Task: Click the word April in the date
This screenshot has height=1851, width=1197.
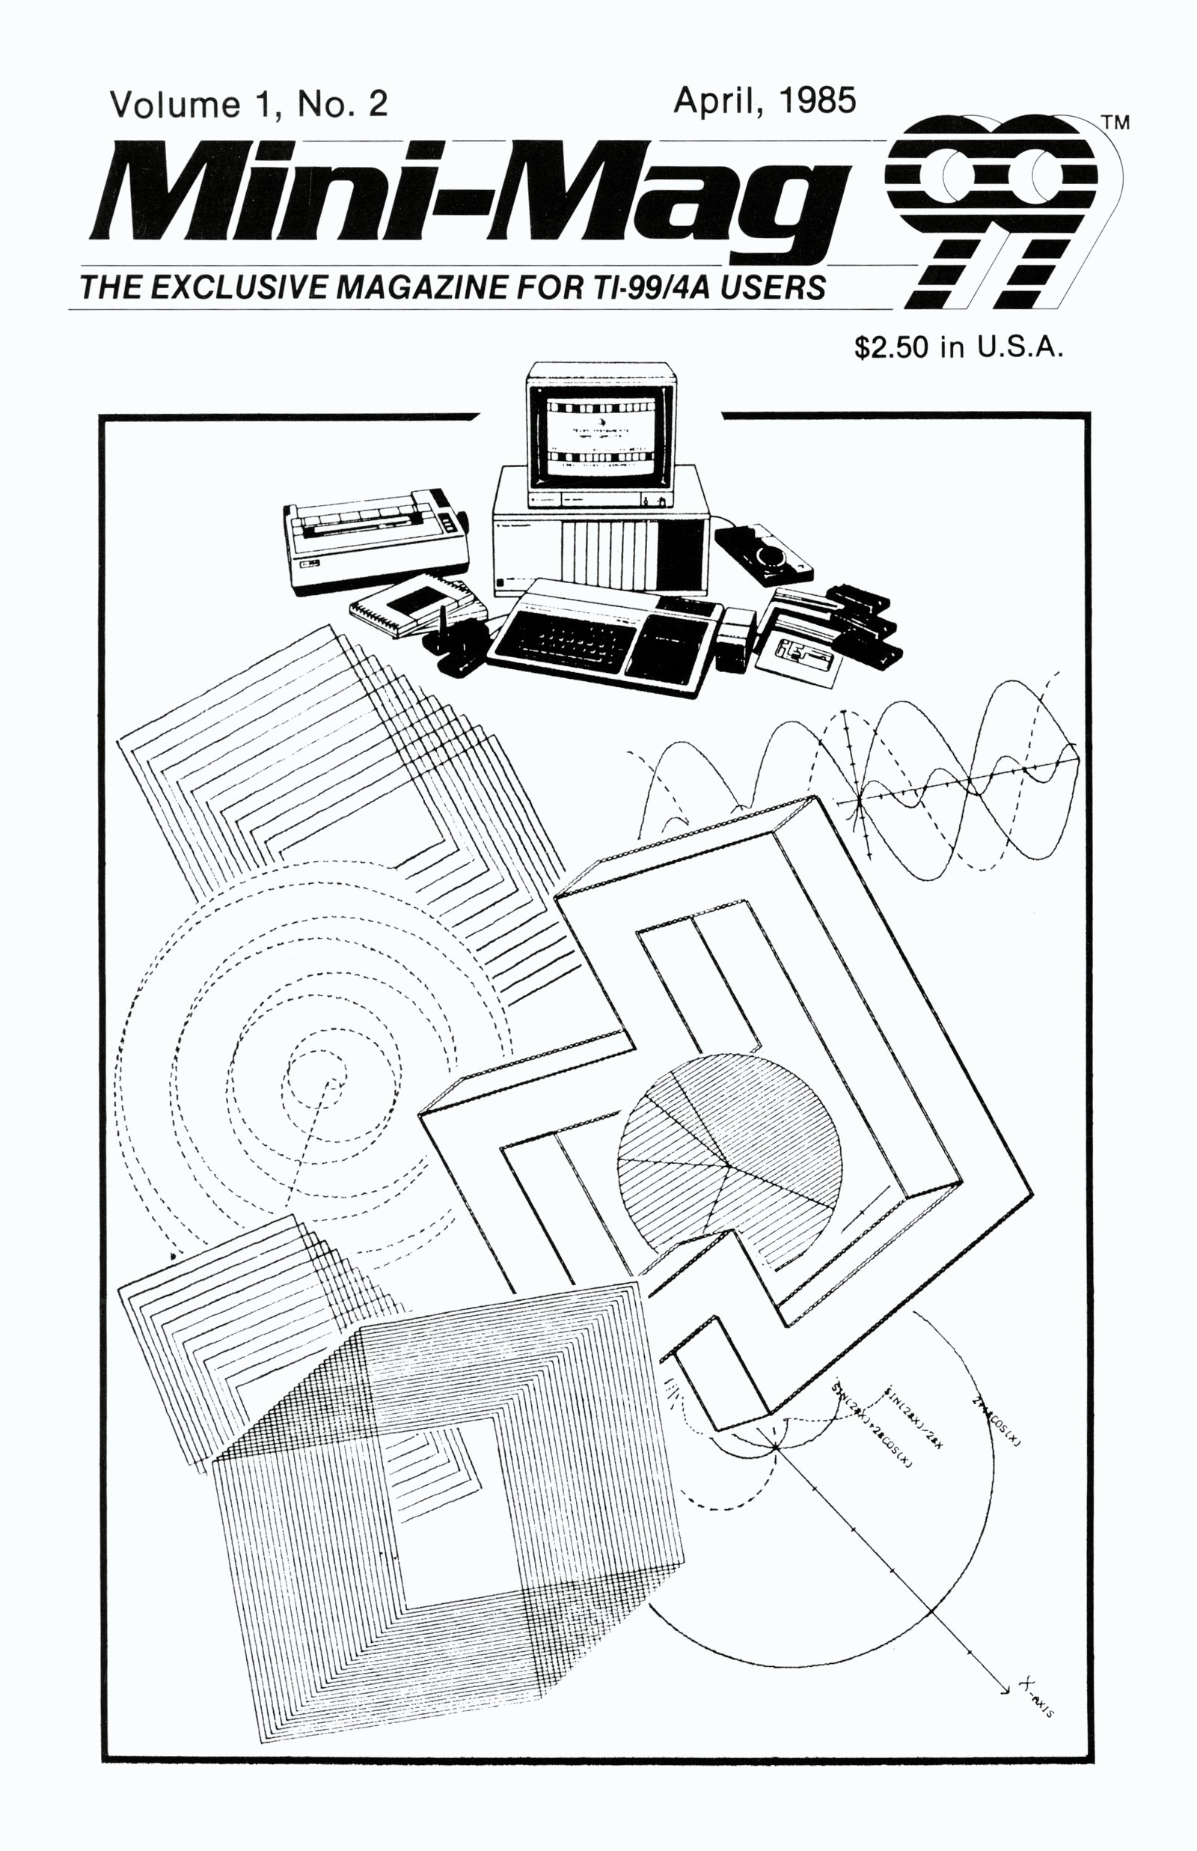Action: coord(714,101)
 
